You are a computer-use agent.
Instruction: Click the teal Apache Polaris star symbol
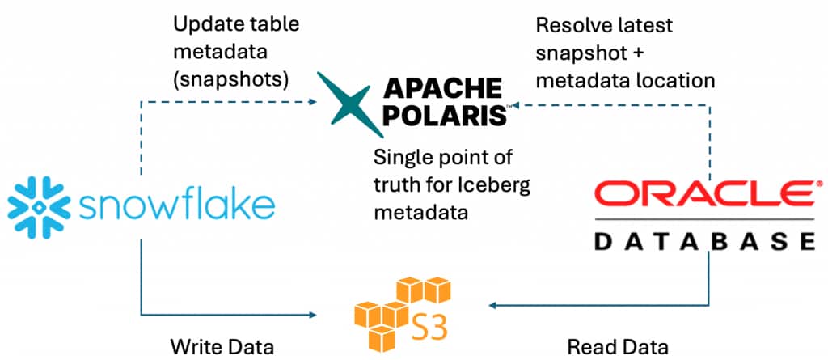pyautogui.click(x=347, y=103)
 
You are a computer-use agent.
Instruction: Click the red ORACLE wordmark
pyautogui.click(x=703, y=195)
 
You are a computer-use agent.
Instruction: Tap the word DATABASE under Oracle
pyautogui.click(x=703, y=242)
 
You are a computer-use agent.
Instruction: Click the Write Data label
pyautogui.click(x=222, y=347)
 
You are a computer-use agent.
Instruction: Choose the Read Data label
pyautogui.click(x=618, y=347)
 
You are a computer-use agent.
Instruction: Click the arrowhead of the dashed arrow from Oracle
pyautogui.click(x=515, y=104)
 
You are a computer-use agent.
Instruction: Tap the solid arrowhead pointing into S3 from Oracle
pyautogui.click(x=491, y=306)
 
